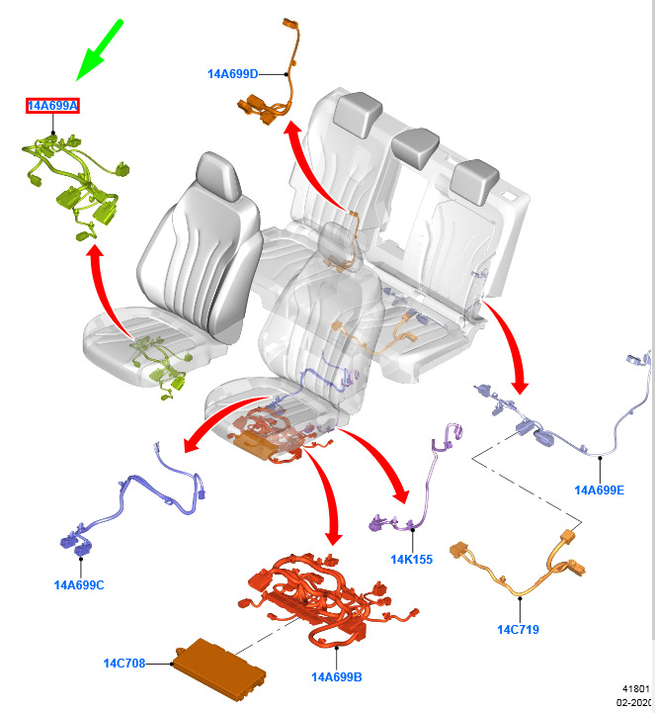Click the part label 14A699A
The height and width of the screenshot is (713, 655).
53,105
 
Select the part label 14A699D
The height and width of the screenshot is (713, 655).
233,73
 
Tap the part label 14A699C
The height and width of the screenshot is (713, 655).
79,584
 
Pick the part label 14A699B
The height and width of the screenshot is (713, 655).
336,676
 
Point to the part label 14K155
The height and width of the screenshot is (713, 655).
411,559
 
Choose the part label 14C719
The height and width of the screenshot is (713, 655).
518,629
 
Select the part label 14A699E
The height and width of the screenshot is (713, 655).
600,490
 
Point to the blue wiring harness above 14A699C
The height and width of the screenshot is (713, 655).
128,504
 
